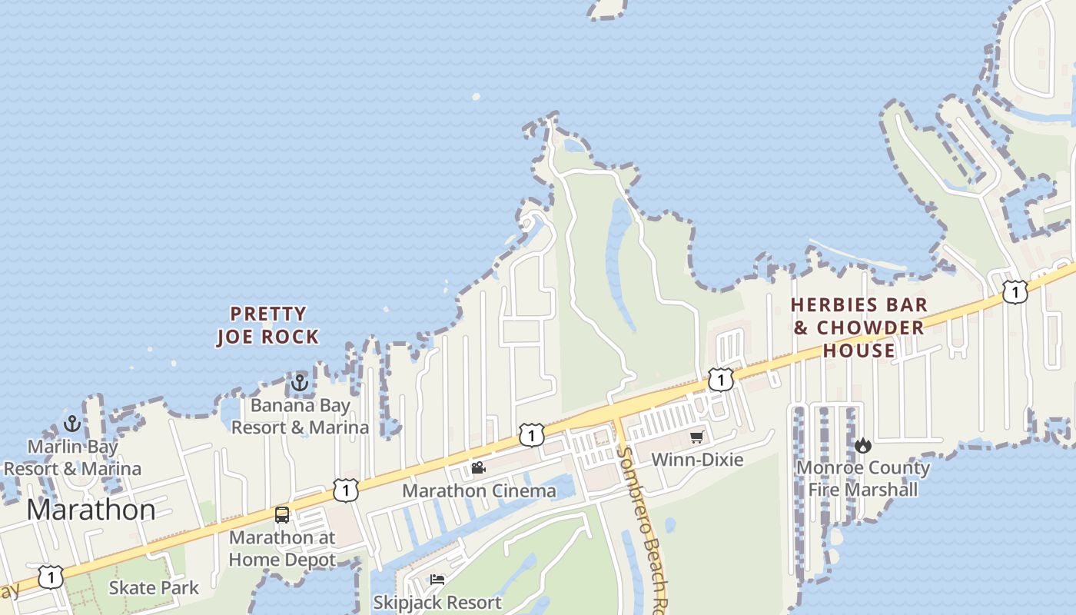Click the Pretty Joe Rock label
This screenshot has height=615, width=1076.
(267, 325)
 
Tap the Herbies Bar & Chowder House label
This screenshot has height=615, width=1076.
(859, 327)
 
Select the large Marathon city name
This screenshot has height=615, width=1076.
(91, 510)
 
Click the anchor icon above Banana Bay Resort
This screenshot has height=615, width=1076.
(300, 382)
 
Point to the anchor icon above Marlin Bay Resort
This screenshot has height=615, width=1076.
(72, 424)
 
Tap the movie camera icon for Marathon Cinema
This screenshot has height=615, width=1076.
(478, 467)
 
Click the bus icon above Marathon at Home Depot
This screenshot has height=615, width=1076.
(282, 514)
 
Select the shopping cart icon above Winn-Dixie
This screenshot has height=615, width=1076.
(697, 437)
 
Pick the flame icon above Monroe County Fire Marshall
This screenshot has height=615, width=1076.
(863, 445)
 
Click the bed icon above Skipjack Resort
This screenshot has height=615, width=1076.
(437, 579)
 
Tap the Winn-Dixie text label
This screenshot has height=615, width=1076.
(697, 460)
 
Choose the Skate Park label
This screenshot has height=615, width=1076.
(154, 588)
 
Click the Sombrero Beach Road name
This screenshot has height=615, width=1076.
(644, 523)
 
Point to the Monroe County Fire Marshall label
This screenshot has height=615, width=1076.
(863, 478)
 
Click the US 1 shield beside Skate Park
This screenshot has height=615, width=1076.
(51, 577)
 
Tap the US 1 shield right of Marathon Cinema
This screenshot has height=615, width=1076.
(531, 435)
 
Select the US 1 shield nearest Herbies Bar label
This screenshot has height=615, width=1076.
(720, 379)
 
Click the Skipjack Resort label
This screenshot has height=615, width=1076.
(437, 602)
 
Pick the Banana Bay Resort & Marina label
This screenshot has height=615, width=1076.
(301, 416)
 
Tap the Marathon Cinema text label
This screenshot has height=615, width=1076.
(479, 490)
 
